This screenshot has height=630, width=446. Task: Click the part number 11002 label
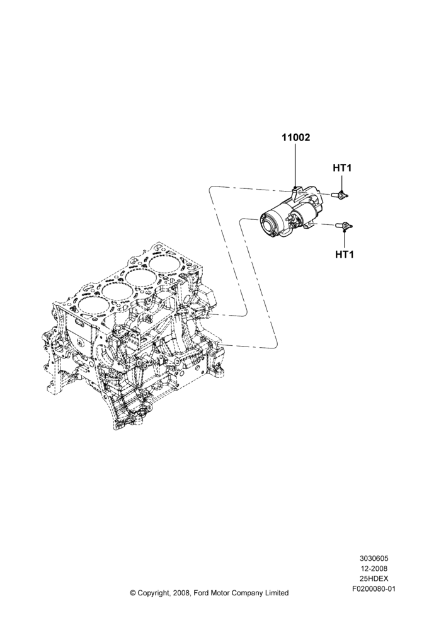point(295,137)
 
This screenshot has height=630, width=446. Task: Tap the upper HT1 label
point(341,168)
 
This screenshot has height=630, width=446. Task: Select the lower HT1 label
point(345,255)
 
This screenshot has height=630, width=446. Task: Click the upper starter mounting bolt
point(340,195)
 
